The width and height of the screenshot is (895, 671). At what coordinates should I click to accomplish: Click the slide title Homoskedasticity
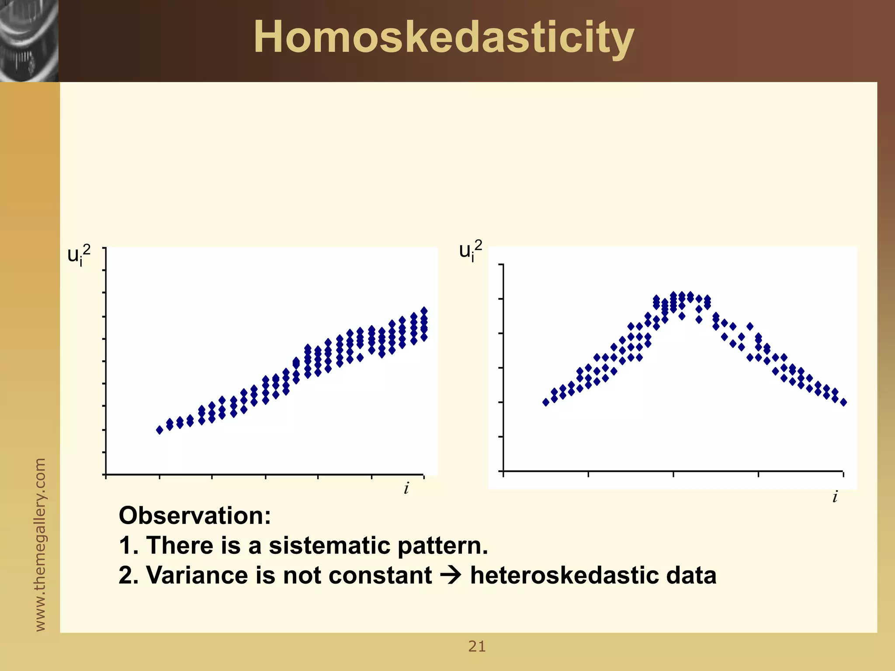[443, 38]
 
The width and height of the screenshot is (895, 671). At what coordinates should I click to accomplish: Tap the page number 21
[477, 646]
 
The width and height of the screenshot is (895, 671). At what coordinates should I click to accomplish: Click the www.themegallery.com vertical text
[40, 544]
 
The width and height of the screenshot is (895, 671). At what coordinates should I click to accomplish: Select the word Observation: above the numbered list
[195, 515]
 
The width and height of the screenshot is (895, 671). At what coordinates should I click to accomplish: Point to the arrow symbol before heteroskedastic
[450, 575]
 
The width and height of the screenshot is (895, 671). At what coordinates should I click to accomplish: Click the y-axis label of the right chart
[471, 250]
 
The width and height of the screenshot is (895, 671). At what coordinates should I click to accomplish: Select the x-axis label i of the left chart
[406, 488]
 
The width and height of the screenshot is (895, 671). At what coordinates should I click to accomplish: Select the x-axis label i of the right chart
[835, 497]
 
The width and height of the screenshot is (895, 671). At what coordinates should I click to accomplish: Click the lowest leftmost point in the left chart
[160, 430]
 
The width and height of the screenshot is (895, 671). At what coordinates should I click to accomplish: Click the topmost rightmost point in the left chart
[424, 311]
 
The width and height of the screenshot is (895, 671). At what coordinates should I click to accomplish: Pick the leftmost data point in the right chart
[546, 402]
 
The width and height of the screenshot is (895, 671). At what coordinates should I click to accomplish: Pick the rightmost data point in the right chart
[843, 402]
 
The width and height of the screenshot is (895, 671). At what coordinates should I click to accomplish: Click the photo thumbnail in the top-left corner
[29, 41]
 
